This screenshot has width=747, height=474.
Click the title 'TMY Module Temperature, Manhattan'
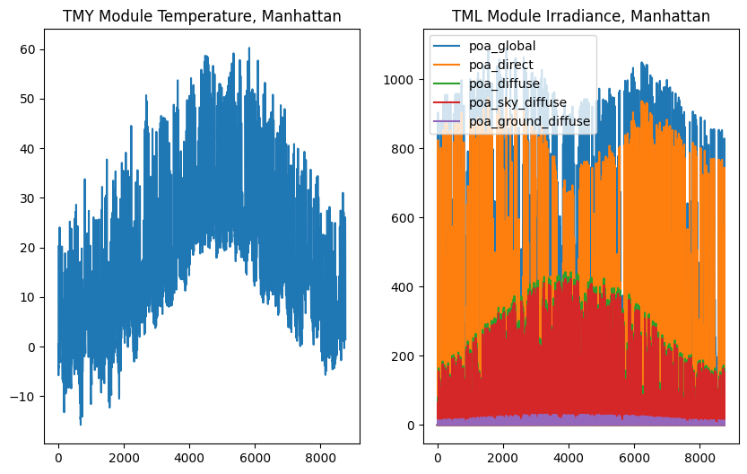click(203, 16)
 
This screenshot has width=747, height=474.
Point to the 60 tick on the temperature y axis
click(29, 49)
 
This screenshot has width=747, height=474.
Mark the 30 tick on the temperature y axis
click(29, 198)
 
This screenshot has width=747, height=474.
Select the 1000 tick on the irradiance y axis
click(400, 80)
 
